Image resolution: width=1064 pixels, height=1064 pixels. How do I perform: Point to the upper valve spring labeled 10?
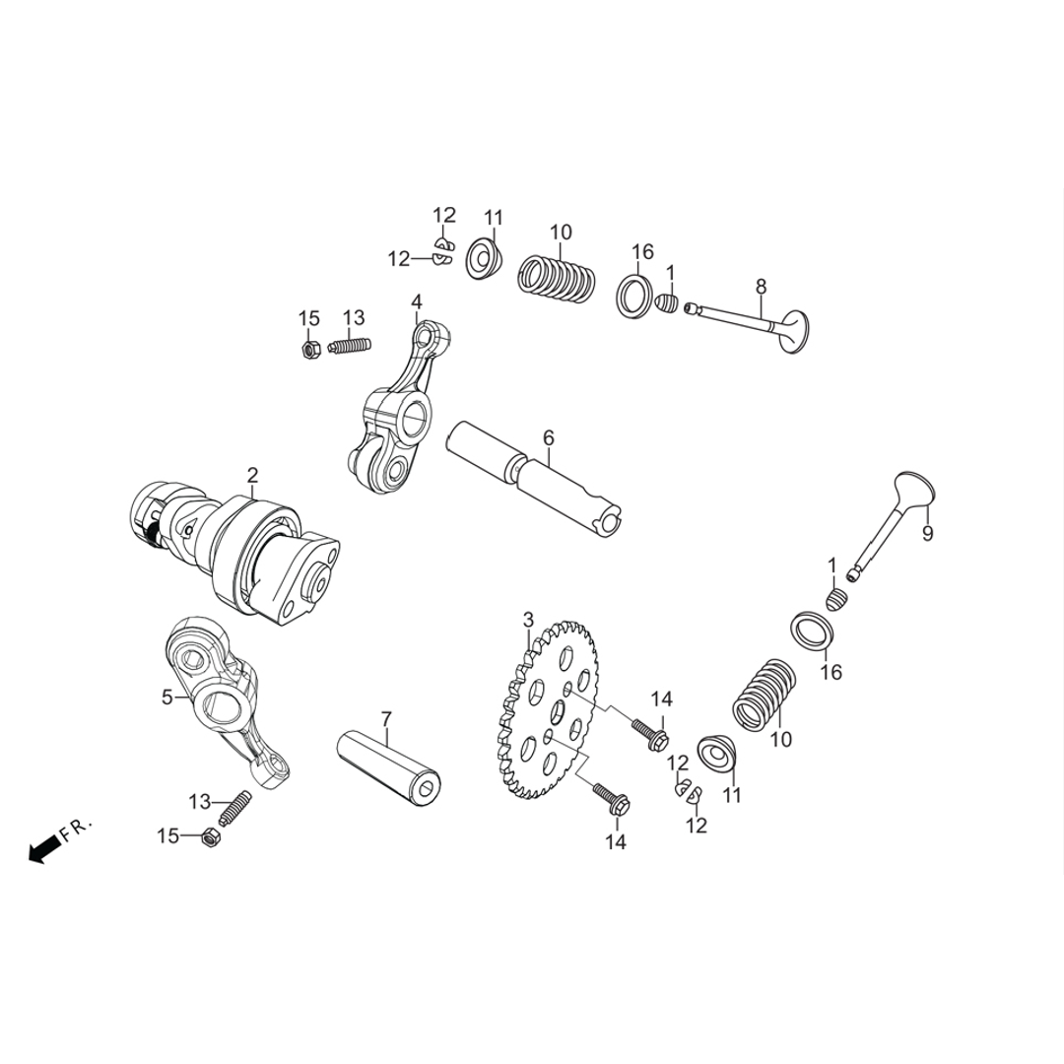558,277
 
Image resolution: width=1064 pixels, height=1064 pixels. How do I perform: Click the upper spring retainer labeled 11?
484,258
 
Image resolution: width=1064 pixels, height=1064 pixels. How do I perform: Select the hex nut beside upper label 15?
309,350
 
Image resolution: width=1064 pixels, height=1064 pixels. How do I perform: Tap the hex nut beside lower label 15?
211,839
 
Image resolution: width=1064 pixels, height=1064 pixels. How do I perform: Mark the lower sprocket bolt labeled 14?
612,800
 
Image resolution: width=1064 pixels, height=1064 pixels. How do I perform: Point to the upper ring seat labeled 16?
635,296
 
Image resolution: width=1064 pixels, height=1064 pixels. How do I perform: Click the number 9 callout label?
927,533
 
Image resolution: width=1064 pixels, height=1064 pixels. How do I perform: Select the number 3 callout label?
528,620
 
